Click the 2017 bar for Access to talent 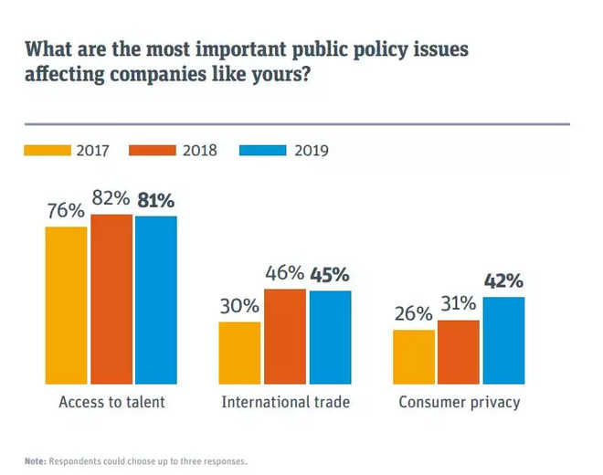pyautogui.click(x=67, y=304)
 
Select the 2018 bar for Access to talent pyautogui.click(x=111, y=299)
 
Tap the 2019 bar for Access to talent pyautogui.click(x=155, y=300)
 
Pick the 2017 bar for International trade pyautogui.click(x=240, y=352)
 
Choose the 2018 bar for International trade pyautogui.click(x=284, y=335)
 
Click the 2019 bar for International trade pyautogui.click(x=329, y=336)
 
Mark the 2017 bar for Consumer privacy pyautogui.click(x=414, y=355)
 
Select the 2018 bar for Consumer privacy pyautogui.click(x=458, y=351)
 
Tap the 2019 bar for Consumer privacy pyautogui.click(x=503, y=339)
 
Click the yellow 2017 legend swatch pyautogui.click(x=47, y=150)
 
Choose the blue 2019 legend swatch pyautogui.click(x=264, y=150)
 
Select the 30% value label pyautogui.click(x=239, y=307)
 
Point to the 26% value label pyautogui.click(x=413, y=314)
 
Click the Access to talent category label pyautogui.click(x=111, y=402)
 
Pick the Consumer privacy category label pyautogui.click(x=460, y=402)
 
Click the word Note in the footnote pyautogui.click(x=35, y=460)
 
